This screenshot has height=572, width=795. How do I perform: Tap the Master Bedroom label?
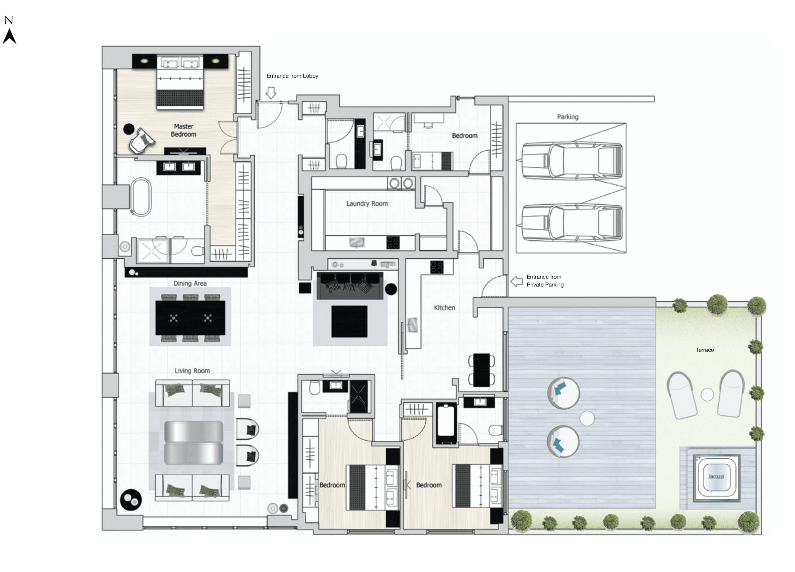183,130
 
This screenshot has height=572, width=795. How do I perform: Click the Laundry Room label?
367,204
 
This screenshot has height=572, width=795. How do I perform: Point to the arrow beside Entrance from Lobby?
271,93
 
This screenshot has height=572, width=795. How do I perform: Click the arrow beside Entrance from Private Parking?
516,281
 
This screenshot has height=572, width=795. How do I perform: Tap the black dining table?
190,318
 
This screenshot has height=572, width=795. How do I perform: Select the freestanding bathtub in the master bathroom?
141,197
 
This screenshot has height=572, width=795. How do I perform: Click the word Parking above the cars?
567,117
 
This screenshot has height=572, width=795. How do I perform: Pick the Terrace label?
705,350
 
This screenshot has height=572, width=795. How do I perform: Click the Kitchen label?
444,308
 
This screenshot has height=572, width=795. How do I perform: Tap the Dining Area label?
190,283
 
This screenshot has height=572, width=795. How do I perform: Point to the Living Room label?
192,371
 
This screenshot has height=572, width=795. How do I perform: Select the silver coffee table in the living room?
193,443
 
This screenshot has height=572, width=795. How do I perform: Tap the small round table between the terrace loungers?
707,395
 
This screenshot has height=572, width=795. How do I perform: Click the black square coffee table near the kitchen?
349,321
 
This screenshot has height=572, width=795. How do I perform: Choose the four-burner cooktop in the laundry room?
393,243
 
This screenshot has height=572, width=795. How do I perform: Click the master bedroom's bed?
180,82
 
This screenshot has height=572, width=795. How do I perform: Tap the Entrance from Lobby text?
292,76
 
